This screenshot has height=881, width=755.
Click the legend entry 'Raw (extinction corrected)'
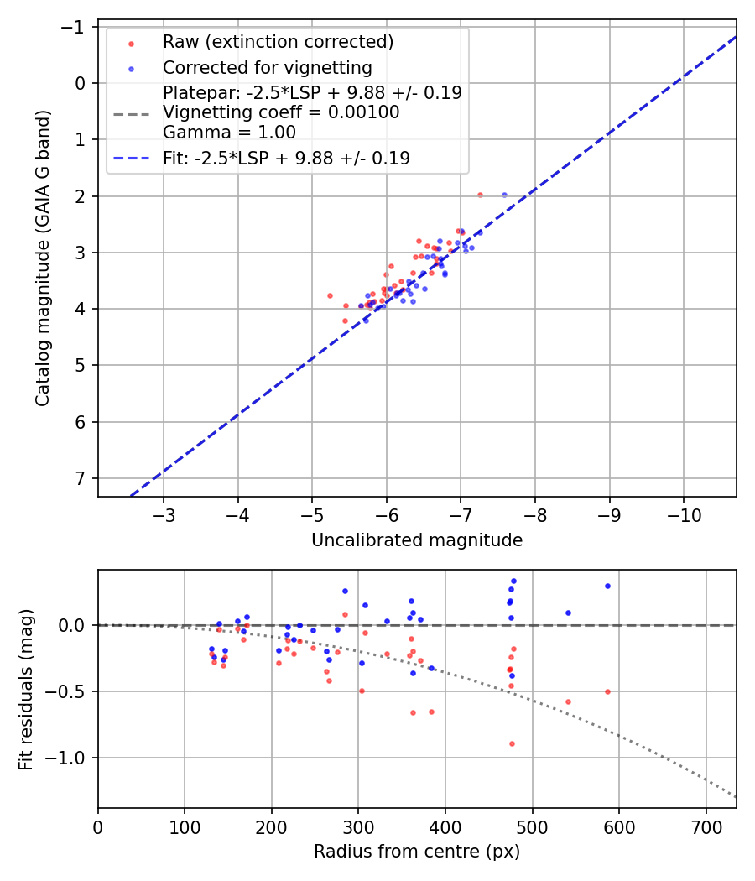pyautogui.click(x=278, y=42)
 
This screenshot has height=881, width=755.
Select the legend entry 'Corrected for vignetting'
pyautogui.click(x=267, y=67)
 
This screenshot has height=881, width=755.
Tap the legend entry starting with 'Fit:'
pyautogui.click(x=286, y=158)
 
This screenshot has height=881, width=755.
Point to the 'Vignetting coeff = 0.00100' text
pyautogui.click(x=281, y=112)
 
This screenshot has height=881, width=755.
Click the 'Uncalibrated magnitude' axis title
pyautogui.click(x=417, y=540)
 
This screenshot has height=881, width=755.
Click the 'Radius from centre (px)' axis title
pyautogui.click(x=417, y=852)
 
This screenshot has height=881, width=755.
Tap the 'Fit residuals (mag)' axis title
pyautogui.click(x=26, y=689)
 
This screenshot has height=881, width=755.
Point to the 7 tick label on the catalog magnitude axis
pyautogui.click(x=80, y=478)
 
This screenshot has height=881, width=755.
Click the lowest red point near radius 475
pyautogui.click(x=512, y=743)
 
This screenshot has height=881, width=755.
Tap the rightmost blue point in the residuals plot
pyautogui.click(x=607, y=586)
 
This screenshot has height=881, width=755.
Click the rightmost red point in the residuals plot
pyautogui.click(x=607, y=691)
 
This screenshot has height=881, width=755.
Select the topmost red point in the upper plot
pyautogui.click(x=480, y=195)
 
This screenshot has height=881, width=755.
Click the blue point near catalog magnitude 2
pyautogui.click(x=504, y=195)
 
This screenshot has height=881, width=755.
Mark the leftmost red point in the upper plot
pyautogui.click(x=330, y=295)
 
